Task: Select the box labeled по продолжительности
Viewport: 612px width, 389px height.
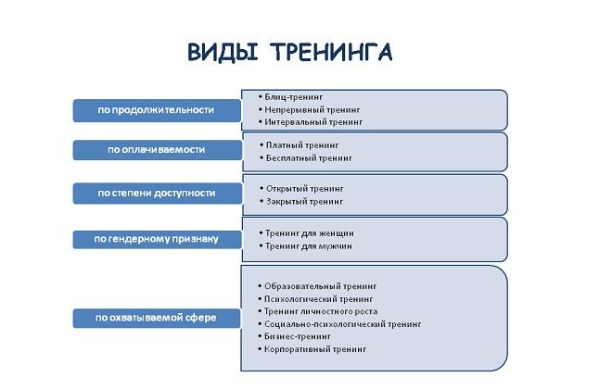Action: click(156, 109)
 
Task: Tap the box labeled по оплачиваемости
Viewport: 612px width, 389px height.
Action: click(156, 149)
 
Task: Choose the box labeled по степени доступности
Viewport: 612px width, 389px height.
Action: click(156, 193)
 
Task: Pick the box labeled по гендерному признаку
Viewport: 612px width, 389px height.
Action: click(156, 239)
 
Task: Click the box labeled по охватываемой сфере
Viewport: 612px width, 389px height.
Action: click(156, 318)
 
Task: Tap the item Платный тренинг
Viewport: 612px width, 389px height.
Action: click(302, 145)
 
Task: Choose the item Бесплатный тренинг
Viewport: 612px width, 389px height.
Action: click(309, 158)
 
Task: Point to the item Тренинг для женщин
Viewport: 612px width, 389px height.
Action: click(310, 232)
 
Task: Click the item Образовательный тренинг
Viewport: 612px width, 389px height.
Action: click(321, 286)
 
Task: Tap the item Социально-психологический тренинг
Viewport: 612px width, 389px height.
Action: click(342, 324)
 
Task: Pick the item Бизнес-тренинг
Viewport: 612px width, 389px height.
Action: click(299, 336)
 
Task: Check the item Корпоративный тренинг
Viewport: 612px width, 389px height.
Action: click(315, 349)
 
